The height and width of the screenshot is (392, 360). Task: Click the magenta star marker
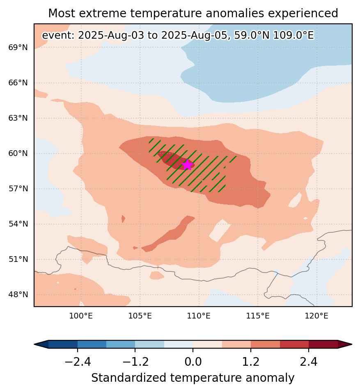(x=187, y=165)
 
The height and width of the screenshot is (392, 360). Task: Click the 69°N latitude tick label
(x=18, y=47)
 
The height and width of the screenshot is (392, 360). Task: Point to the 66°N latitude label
(x=18, y=83)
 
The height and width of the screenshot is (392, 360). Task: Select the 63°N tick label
(x=18, y=118)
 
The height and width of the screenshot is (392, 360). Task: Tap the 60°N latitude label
(x=18, y=153)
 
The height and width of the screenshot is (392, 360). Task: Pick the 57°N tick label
(x=18, y=188)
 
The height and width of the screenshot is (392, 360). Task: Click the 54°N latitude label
(x=18, y=224)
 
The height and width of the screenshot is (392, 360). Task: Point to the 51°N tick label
(x=18, y=259)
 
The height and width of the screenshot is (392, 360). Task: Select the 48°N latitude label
(x=18, y=294)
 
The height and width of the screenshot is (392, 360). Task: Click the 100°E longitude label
(x=81, y=316)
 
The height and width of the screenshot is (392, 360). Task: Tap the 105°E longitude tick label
(x=140, y=316)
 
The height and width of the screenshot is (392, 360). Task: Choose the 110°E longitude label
(x=199, y=316)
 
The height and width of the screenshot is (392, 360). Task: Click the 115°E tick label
(x=258, y=316)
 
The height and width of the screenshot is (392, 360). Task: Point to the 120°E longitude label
(x=316, y=316)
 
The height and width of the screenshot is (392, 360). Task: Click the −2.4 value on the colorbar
(x=78, y=362)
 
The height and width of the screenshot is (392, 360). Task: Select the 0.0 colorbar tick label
(x=193, y=362)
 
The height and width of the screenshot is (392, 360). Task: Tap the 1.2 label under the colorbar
(x=251, y=362)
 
